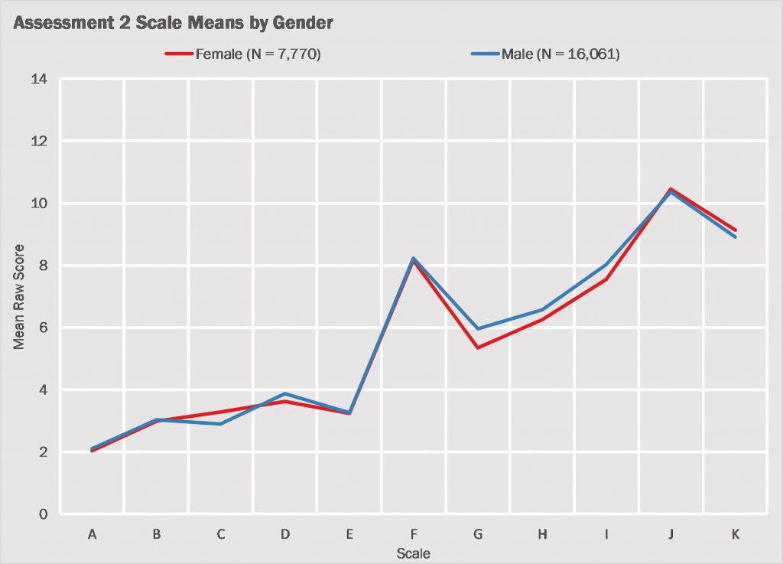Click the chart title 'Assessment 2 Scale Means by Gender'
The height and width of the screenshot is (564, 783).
174,24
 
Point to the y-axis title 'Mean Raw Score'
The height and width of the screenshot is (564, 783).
20,297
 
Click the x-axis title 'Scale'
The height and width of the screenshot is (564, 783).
413,553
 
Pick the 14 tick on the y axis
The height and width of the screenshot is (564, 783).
39,79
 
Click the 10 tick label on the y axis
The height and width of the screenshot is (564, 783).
39,204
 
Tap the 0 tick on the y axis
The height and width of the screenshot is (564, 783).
43,514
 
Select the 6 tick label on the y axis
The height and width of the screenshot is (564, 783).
43,328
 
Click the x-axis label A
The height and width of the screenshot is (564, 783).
93,534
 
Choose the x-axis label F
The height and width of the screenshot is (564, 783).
414,534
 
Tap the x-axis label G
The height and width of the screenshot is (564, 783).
478,534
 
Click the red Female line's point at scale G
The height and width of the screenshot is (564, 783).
478,347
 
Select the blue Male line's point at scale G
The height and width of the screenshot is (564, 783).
478,329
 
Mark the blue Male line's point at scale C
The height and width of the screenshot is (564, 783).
221,424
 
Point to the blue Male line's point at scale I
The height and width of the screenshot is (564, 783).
606,264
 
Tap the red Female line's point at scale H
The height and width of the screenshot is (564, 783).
542,319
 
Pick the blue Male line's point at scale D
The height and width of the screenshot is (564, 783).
285,394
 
